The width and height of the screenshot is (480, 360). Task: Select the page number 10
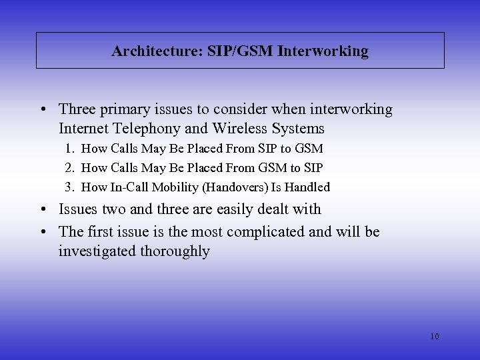click(434, 337)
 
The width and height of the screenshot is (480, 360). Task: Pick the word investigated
click(97, 251)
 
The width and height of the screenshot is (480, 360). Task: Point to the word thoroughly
click(175, 251)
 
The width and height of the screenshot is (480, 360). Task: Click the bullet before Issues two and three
click(43, 209)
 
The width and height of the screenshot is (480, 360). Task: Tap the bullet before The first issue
click(43, 231)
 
